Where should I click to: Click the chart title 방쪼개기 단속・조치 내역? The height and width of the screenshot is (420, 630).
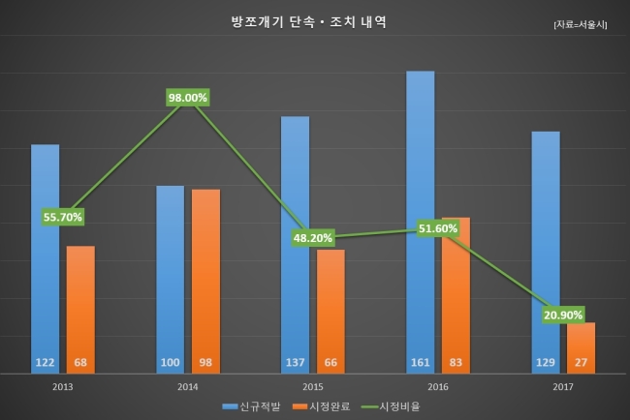pos(308,22)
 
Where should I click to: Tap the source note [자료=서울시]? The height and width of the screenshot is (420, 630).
pos(581,24)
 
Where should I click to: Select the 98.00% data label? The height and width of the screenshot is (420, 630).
pos(188,98)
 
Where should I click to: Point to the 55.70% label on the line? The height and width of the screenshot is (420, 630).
pos(63,217)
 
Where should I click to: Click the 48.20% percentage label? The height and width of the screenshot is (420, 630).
pos(313,238)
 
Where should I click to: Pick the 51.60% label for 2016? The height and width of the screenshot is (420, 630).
pos(438,228)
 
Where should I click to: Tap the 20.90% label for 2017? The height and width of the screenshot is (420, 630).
pos(563,315)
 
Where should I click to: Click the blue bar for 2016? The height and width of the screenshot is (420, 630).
pos(421,223)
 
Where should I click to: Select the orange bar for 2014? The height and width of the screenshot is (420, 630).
pos(205,282)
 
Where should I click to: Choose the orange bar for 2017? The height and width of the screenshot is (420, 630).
pos(581,348)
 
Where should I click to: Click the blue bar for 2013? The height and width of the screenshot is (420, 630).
pos(45,259)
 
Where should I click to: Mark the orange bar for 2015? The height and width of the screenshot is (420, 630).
pos(331,312)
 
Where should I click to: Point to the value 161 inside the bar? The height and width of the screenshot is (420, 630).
pos(421,362)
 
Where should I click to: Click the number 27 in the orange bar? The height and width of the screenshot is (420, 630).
pos(581,362)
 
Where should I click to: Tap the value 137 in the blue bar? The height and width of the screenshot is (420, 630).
pos(295,362)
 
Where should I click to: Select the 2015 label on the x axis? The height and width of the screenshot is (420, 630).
pos(313,387)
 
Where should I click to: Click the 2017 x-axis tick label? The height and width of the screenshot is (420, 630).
pos(563,387)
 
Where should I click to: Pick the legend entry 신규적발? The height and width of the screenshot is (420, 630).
pos(252,406)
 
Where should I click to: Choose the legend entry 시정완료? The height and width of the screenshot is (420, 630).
pos(322,406)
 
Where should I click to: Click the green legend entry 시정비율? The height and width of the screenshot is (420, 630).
pos(391,406)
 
